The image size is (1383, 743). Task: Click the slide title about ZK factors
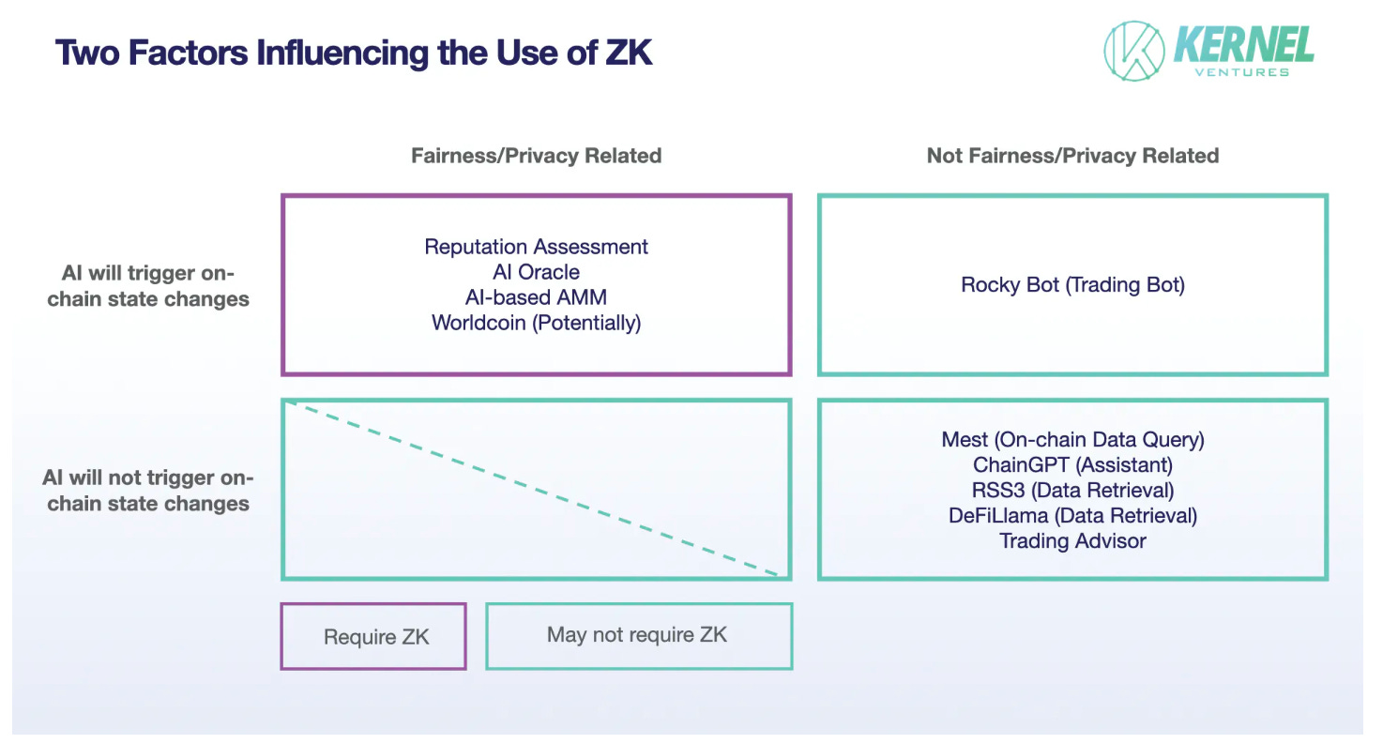354,53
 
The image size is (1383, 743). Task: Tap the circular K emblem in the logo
1132,51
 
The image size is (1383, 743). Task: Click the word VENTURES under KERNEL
1241,71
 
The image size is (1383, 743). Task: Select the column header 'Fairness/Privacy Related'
536,156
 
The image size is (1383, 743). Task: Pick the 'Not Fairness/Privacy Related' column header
1072,156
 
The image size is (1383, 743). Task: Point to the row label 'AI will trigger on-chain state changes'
148,286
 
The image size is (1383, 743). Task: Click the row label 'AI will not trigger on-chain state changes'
148,490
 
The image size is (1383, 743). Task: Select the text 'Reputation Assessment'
536,247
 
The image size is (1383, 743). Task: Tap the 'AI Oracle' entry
536,272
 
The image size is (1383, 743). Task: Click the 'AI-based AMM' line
536,297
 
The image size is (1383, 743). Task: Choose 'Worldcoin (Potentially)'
536,323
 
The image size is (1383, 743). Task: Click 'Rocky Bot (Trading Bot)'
1072,284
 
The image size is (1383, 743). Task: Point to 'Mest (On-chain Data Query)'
1072,439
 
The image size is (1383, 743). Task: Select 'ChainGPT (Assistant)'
1072,464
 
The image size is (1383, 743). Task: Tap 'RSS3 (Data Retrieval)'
1072,490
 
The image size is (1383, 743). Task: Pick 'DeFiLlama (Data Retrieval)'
1072,515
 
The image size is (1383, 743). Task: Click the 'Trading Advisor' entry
1072,540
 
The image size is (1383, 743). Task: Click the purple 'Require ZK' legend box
374,636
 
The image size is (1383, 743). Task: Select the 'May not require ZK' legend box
638,635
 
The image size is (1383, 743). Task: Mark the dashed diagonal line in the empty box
536,488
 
